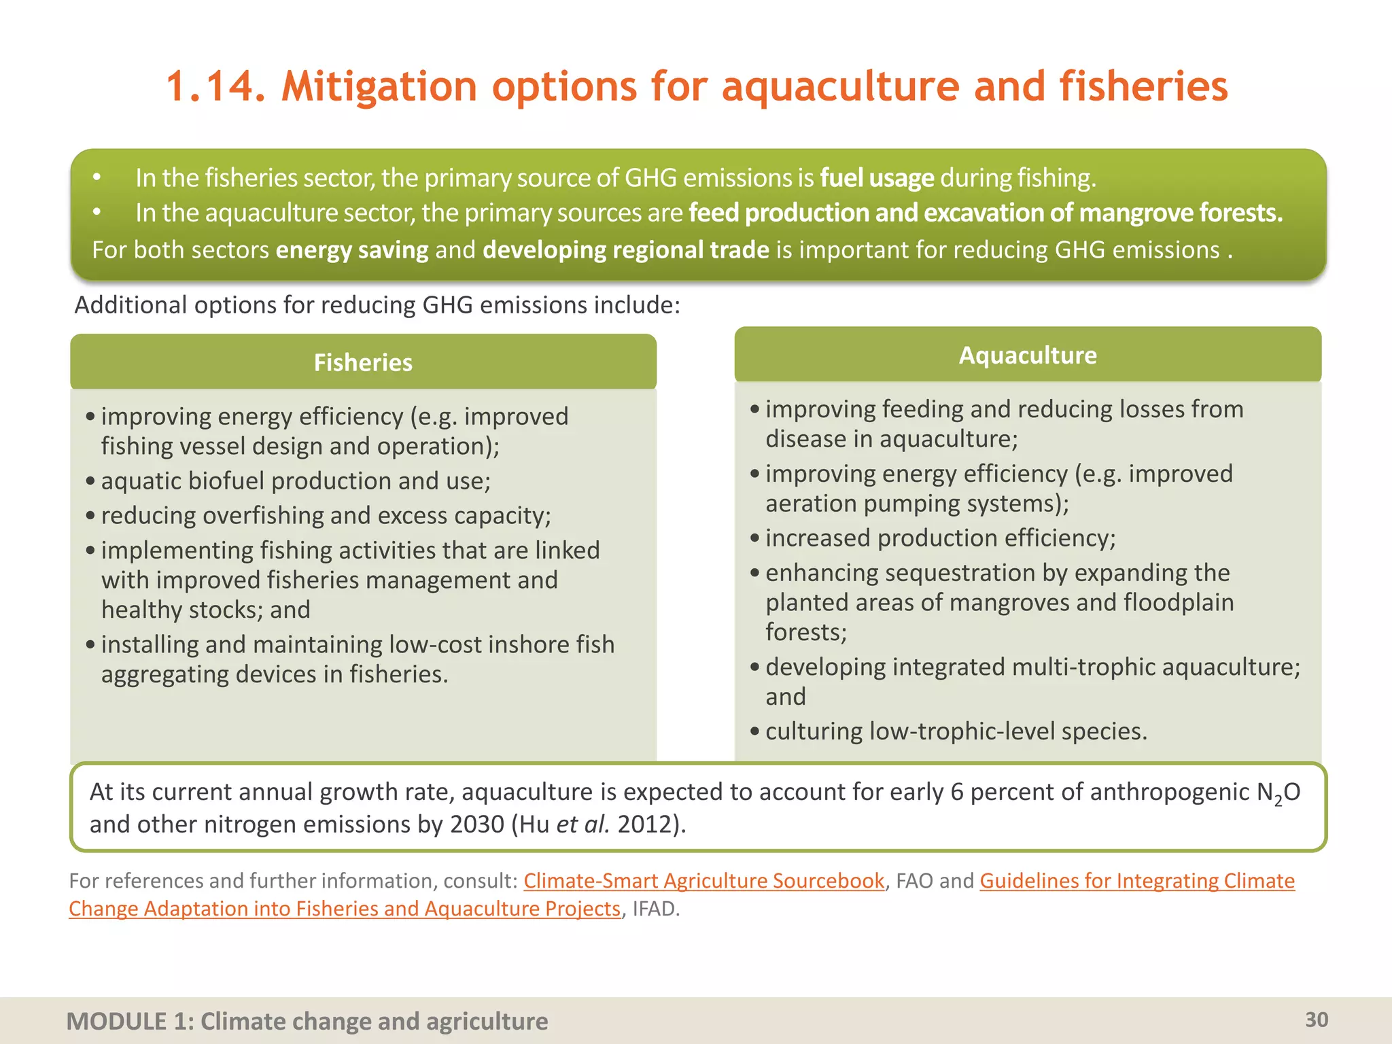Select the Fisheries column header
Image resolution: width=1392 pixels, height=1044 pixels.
[363, 362]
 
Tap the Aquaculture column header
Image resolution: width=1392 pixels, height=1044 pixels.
[1027, 355]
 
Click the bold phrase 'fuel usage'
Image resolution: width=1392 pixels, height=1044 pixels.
[877, 178]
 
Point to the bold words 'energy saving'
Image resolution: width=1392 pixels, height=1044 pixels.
[351, 250]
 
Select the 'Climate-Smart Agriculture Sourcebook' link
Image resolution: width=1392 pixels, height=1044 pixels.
[703, 881]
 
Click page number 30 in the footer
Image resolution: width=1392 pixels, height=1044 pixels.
[1316, 1020]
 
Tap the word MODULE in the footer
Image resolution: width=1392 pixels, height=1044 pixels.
[116, 1021]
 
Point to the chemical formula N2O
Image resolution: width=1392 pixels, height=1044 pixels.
[1278, 793]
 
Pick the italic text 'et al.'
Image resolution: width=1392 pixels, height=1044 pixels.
[582, 824]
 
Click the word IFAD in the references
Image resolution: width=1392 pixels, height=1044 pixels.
[655, 909]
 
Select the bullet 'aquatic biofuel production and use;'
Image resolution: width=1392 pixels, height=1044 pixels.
[296, 481]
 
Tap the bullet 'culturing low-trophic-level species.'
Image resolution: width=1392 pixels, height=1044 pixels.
[956, 731]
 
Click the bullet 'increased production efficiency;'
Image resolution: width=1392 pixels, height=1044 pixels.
[940, 538]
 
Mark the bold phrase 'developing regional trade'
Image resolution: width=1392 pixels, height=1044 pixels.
[625, 250]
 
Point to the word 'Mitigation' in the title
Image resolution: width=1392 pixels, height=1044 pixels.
[379, 87]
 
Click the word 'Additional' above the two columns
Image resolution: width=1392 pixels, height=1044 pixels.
[130, 305]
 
